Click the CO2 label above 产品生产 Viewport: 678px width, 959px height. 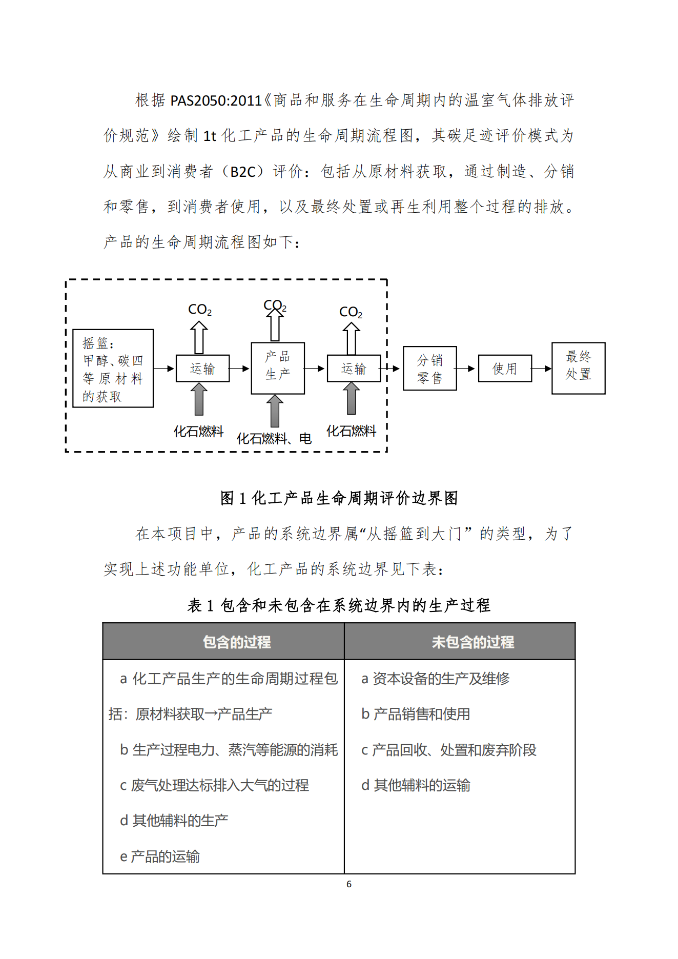click(x=275, y=305)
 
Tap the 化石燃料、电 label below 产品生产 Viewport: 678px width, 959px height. click(x=274, y=438)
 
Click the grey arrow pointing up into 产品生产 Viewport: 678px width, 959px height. click(x=275, y=411)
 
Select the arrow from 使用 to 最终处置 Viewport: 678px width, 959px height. click(x=542, y=368)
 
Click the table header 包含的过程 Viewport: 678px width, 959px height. click(x=237, y=642)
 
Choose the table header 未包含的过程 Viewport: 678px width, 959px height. click(x=472, y=642)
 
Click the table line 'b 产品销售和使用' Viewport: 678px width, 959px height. click(x=416, y=714)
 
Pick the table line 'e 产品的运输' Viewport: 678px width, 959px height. click(x=160, y=856)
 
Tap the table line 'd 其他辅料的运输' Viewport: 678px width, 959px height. click(x=416, y=785)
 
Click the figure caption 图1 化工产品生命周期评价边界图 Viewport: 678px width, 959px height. click(x=339, y=498)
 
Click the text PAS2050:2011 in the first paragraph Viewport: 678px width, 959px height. click(x=216, y=100)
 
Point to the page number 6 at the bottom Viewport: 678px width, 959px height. click(x=349, y=884)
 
